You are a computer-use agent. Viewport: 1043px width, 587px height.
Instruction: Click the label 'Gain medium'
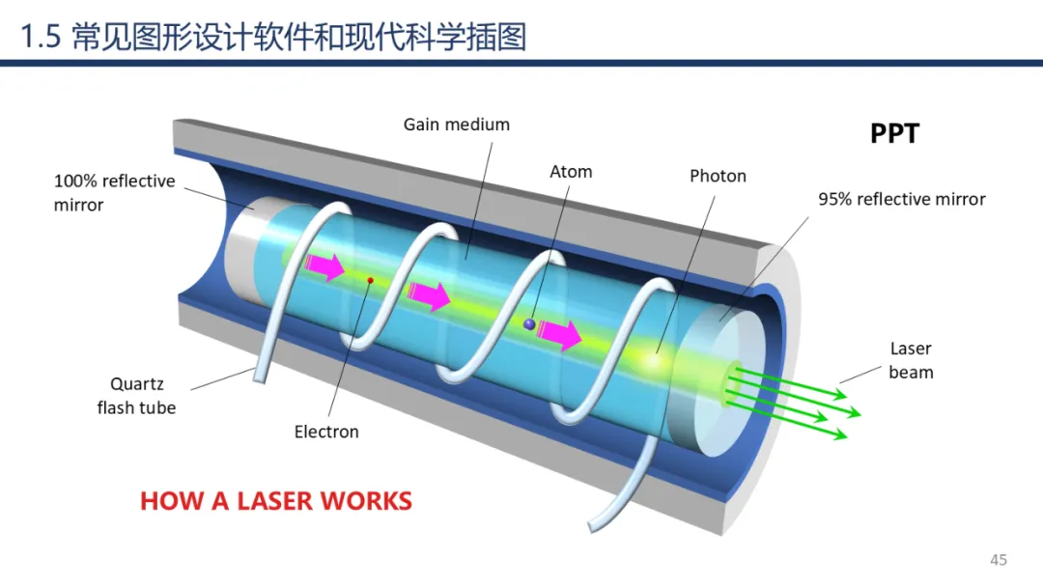point(456,125)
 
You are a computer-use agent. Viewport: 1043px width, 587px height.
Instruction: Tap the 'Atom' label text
point(571,172)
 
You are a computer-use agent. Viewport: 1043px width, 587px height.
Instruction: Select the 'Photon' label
point(718,177)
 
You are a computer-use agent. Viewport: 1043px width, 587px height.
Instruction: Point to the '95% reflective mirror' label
point(901,200)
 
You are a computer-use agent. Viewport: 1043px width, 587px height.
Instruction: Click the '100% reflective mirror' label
point(114,193)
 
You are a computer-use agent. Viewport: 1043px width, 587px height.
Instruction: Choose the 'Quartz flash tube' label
point(136,396)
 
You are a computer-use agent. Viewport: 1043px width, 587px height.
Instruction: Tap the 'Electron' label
point(326,432)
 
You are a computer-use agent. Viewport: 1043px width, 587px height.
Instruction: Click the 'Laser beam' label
point(911,360)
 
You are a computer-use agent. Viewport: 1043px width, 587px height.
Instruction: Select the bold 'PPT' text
point(894,133)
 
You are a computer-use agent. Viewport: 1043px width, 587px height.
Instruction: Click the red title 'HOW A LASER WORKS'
point(276,502)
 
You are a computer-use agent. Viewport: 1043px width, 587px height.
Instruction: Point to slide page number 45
point(998,560)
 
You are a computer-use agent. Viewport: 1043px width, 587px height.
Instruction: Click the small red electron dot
point(370,281)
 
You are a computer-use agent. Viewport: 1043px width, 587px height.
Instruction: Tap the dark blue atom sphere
point(529,325)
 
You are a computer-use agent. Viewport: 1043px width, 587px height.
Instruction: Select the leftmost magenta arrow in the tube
point(325,266)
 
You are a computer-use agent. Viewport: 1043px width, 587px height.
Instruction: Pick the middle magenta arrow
point(429,295)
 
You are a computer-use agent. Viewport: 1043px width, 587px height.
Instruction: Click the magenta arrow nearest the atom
point(560,334)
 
